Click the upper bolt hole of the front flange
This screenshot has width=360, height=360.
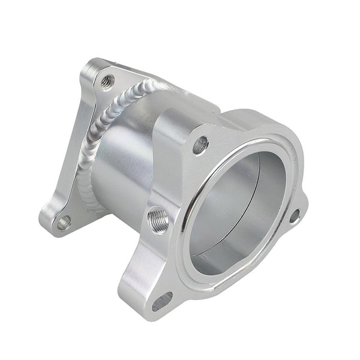pyautogui.click(x=201, y=144)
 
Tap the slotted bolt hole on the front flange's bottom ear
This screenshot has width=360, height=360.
pyautogui.click(x=162, y=300)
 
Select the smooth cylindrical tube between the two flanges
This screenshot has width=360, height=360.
pyautogui.click(x=120, y=168)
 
